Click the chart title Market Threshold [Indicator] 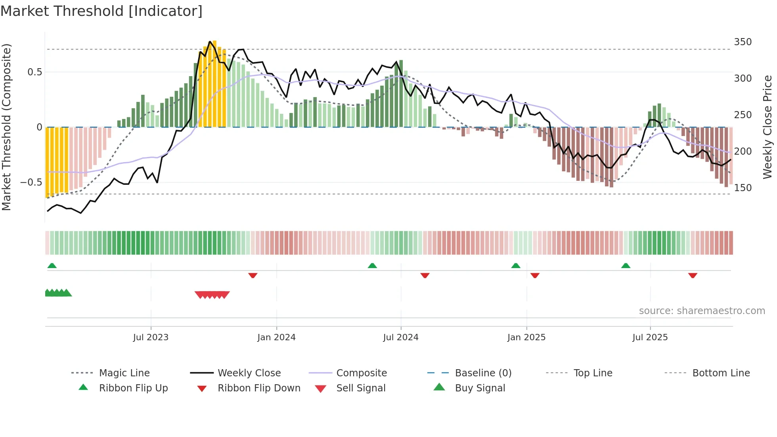(101, 11)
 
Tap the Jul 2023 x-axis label (151, 337)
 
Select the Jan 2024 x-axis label (276, 337)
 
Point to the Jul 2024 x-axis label (401, 337)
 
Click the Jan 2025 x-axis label (526, 337)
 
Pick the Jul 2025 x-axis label (650, 337)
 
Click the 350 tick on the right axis (743, 42)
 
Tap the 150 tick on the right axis (743, 188)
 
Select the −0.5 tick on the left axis (31, 182)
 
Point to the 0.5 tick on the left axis (34, 72)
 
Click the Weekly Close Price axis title (767, 127)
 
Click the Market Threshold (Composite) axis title (6, 127)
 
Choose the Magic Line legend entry (124, 373)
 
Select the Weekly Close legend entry (249, 373)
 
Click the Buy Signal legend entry (480, 388)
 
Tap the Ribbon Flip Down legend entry (259, 388)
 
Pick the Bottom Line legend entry (721, 373)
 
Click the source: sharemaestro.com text (702, 311)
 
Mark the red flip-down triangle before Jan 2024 (253, 275)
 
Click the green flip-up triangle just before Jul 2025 (626, 266)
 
